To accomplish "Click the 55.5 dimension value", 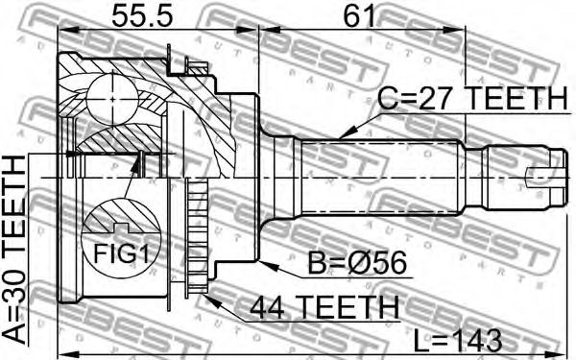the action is pyautogui.click(x=142, y=15).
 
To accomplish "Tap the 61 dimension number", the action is pyautogui.click(x=360, y=15).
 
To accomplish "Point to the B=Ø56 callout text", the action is pyautogui.click(x=357, y=263).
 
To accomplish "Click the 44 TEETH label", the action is pyautogui.click(x=324, y=307).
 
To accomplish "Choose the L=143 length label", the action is pyautogui.click(x=458, y=340).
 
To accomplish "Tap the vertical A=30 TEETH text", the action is pyautogui.click(x=14, y=250).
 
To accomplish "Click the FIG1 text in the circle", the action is pyautogui.click(x=121, y=252).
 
